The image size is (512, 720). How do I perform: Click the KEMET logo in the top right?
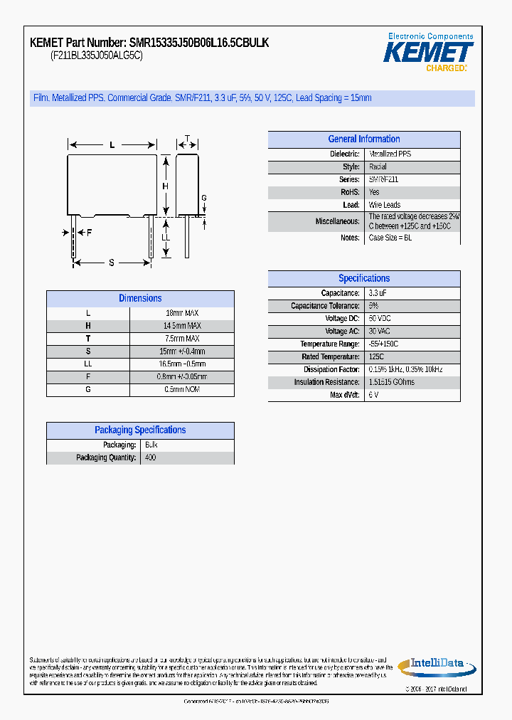click(428, 53)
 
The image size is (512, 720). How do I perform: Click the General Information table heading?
click(363, 139)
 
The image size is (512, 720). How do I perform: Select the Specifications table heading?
click(363, 279)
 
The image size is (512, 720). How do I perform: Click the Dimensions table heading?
click(140, 299)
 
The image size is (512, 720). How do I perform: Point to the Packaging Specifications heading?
click(140, 430)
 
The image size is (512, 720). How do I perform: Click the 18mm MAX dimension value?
click(183, 313)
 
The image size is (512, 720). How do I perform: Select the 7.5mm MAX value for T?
click(183, 339)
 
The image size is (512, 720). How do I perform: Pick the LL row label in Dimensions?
click(88, 364)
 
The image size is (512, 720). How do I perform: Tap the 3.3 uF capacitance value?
click(378, 293)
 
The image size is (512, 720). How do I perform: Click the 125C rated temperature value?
click(376, 356)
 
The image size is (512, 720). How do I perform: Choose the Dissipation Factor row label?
click(331, 369)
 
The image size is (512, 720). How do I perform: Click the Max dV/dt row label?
click(345, 395)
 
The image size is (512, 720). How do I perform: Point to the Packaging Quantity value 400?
click(150, 457)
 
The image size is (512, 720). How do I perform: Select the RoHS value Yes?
click(374, 192)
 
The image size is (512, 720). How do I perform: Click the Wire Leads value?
click(385, 205)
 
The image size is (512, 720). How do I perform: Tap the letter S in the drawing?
click(112, 263)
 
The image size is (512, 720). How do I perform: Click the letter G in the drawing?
click(203, 198)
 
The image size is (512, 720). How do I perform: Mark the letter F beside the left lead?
click(90, 233)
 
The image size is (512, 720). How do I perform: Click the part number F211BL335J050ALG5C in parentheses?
click(97, 55)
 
